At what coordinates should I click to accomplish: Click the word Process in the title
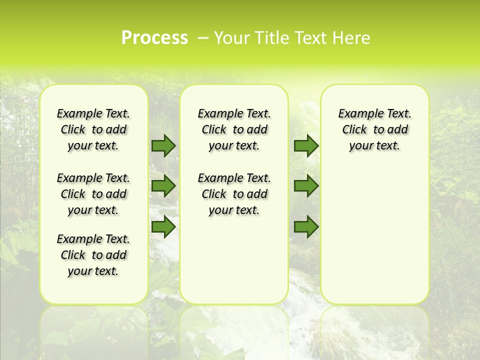click(x=154, y=38)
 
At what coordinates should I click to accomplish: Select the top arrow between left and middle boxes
click(x=163, y=145)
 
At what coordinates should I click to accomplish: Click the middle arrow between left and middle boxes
click(x=163, y=186)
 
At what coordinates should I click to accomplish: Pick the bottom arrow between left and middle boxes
click(x=163, y=226)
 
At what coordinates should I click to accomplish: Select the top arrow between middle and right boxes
click(x=306, y=145)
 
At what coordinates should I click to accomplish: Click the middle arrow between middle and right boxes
click(x=306, y=186)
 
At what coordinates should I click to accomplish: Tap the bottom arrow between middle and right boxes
click(x=306, y=226)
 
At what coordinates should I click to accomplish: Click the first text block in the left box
click(x=93, y=129)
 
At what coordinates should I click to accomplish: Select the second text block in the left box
click(x=93, y=194)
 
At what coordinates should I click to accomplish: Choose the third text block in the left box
click(x=93, y=255)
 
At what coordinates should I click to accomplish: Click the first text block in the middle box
click(x=234, y=129)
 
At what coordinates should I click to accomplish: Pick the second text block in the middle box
click(x=234, y=194)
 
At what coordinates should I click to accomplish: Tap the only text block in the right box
click(x=374, y=129)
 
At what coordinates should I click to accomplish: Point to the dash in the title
click(x=203, y=38)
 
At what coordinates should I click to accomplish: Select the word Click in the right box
click(x=354, y=130)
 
